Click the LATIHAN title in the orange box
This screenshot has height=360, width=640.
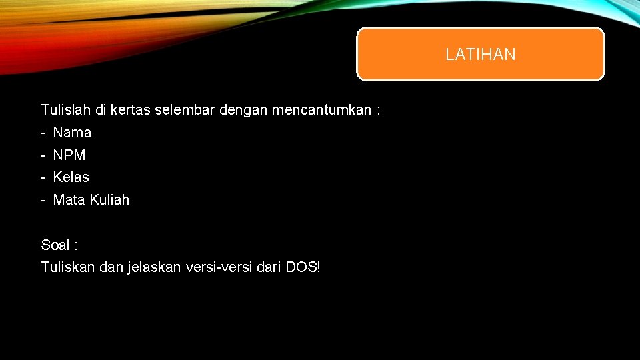(x=480, y=55)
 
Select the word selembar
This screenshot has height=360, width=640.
(x=184, y=110)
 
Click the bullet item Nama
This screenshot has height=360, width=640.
(x=72, y=133)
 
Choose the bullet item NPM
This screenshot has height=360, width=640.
(x=69, y=155)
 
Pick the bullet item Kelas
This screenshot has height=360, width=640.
(x=71, y=177)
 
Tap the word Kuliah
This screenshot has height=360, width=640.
(x=109, y=200)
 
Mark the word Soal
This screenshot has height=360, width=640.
(x=55, y=245)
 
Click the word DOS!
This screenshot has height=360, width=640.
(x=303, y=267)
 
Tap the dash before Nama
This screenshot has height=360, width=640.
(x=43, y=133)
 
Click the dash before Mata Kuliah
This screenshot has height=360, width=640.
(x=43, y=200)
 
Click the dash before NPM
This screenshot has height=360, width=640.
(x=43, y=155)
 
